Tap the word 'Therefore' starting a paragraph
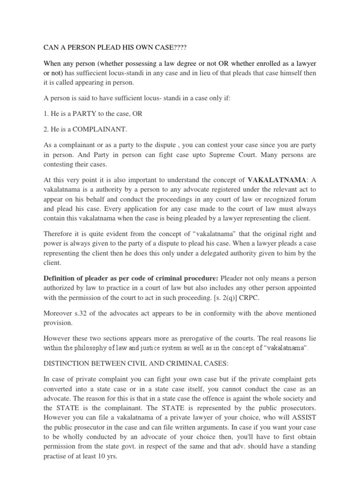click(x=59, y=233)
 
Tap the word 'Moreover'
click(x=58, y=313)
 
